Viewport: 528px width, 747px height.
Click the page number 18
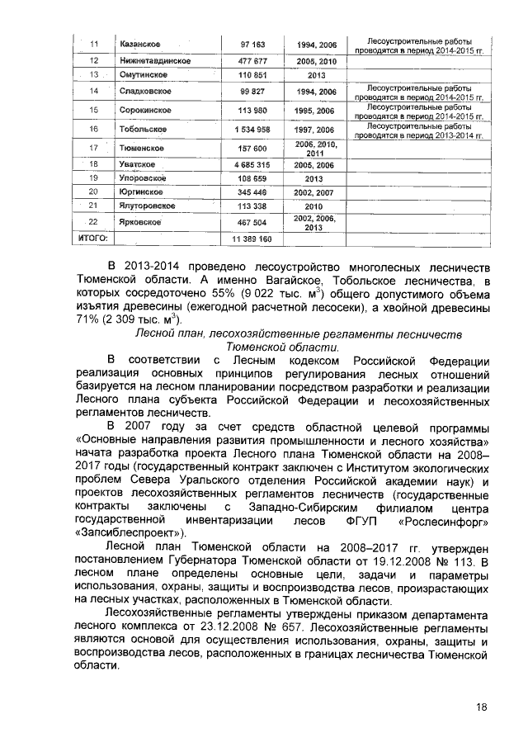tap(483, 707)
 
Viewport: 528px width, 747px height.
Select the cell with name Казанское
tap(140, 43)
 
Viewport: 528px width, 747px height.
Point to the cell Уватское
tap(138, 165)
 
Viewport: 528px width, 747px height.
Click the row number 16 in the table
tap(93, 130)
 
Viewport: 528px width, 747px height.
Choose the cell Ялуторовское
tap(148, 205)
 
